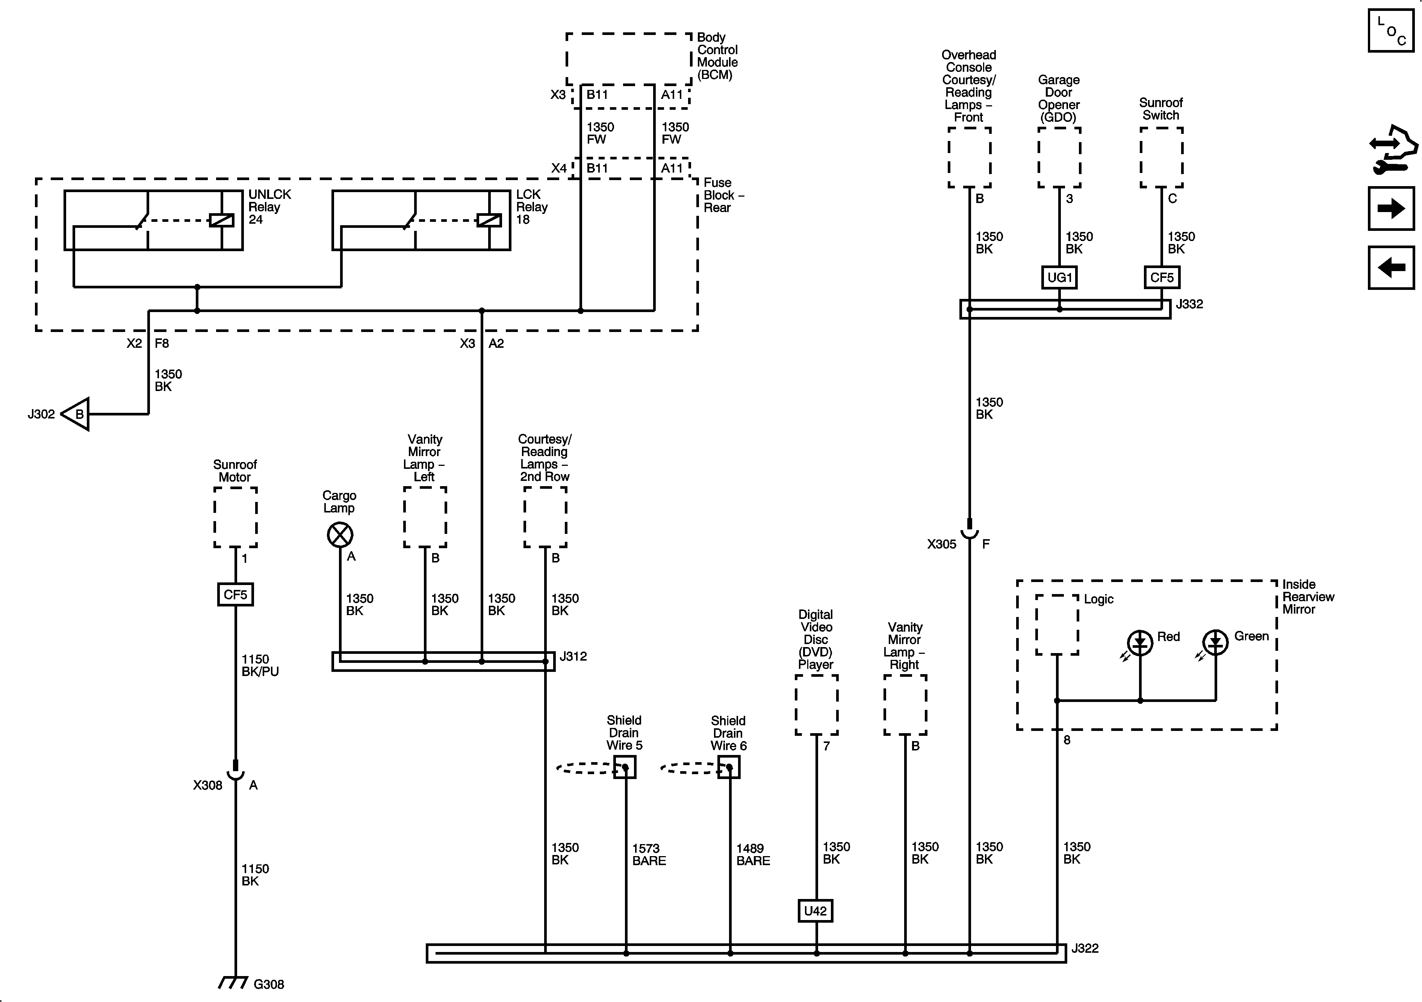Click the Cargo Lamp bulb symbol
340,534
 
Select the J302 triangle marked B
77,414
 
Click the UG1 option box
1059,277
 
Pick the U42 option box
815,911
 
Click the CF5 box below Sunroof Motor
235,595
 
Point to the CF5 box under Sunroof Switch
1161,277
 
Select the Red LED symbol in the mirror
1140,643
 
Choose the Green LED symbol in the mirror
1215,643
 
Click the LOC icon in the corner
1390,30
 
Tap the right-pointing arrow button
1390,208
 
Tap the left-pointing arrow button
1390,268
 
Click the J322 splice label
1085,949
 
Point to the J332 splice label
1189,304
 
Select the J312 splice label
573,656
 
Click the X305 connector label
941,544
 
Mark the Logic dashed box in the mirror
1057,625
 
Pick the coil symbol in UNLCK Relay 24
221,220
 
